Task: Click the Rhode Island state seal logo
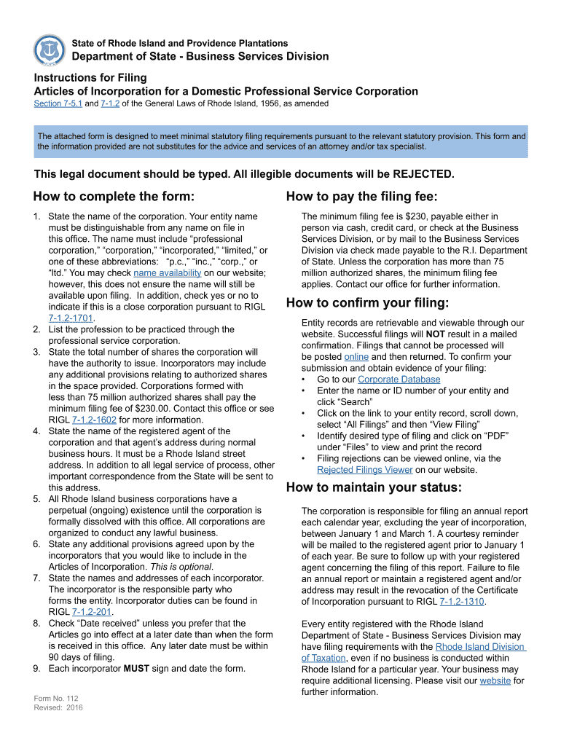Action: click(x=49, y=50)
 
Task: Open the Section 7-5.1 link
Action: click(x=58, y=103)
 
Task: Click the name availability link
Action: click(x=167, y=272)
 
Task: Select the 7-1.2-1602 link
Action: click(x=94, y=420)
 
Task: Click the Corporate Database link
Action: click(x=399, y=380)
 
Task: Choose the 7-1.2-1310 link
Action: click(x=463, y=602)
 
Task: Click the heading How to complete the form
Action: click(x=114, y=197)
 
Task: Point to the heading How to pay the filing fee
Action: click(x=361, y=197)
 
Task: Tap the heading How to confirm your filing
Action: click(x=367, y=303)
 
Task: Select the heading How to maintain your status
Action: click(x=374, y=487)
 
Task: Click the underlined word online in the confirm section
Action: click(x=356, y=357)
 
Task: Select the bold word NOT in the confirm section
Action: click(x=436, y=334)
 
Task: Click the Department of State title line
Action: click(x=200, y=57)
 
